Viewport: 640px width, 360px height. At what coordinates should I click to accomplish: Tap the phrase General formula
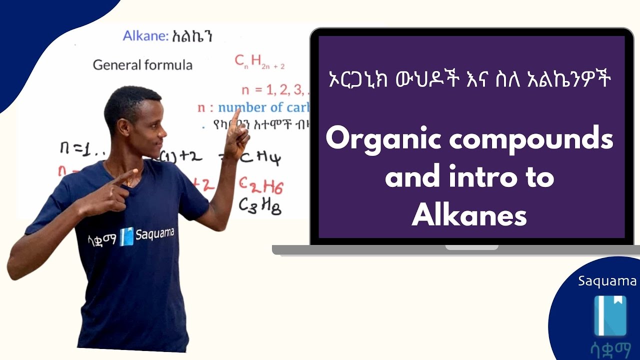pyautogui.click(x=142, y=65)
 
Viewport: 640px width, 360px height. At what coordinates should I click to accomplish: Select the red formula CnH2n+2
pyautogui.click(x=259, y=61)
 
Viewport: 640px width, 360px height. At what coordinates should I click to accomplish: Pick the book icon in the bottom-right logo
pyautogui.click(x=609, y=315)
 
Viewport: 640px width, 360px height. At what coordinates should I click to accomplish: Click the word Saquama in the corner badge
pyautogui.click(x=607, y=281)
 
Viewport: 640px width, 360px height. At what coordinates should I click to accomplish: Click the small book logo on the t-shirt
pyautogui.click(x=127, y=236)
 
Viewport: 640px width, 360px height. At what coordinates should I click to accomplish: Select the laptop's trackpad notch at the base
pyautogui.click(x=471, y=247)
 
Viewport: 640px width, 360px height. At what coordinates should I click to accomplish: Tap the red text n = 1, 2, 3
pyautogui.click(x=272, y=90)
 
